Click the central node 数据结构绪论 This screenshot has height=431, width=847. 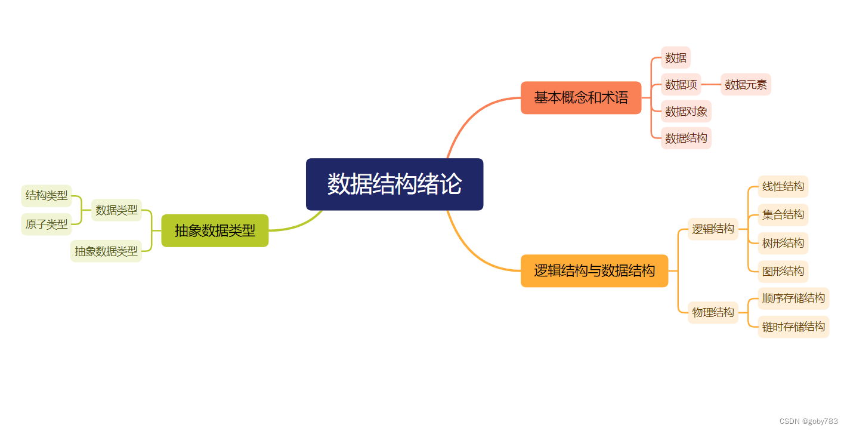pyautogui.click(x=394, y=184)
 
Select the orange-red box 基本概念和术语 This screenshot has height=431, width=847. pyautogui.click(x=581, y=97)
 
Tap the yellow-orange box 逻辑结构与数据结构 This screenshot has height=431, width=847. pyautogui.click(x=594, y=270)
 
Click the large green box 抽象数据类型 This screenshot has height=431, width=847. pyautogui.click(x=215, y=230)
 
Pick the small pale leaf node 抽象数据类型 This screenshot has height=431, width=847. pyautogui.click(x=106, y=251)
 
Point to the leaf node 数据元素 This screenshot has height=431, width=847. pyautogui.click(x=746, y=85)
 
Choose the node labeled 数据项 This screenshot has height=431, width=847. pyautogui.click(x=681, y=85)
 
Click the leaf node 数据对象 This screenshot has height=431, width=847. pyautogui.click(x=686, y=112)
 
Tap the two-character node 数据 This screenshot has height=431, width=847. pyautogui.click(x=676, y=58)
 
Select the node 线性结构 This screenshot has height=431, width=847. pyautogui.click(x=783, y=186)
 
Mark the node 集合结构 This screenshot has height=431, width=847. pyautogui.click(x=783, y=214)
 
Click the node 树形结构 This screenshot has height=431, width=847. pyautogui.click(x=783, y=243)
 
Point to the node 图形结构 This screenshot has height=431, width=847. pyautogui.click(x=783, y=271)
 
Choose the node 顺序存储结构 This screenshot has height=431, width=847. pyautogui.click(x=793, y=298)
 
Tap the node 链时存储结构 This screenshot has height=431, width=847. pyautogui.click(x=793, y=327)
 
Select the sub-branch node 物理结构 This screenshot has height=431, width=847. pyautogui.click(x=713, y=312)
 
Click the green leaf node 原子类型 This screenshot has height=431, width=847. pyautogui.click(x=47, y=224)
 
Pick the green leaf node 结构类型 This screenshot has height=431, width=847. pyautogui.click(x=47, y=196)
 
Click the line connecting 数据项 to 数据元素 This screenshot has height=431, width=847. pyautogui.click(x=711, y=85)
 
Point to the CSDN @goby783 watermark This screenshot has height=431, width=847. pyautogui.click(x=808, y=421)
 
